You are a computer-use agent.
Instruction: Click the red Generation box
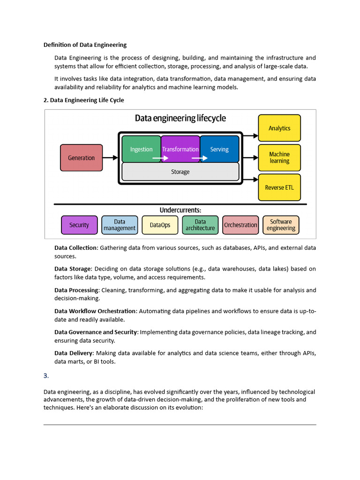(81, 157)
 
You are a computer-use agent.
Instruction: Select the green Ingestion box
(141, 149)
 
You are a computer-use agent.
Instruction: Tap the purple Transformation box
(180, 149)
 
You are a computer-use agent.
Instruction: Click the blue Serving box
(219, 149)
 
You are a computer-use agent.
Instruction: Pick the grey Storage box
(180, 172)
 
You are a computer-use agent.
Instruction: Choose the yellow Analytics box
(279, 128)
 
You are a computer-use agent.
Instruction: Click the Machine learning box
(279, 157)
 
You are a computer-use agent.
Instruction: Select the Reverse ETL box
(279, 187)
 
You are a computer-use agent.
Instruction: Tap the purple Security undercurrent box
(79, 225)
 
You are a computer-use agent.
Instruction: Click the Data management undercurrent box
(120, 225)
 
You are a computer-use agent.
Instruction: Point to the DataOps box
(160, 225)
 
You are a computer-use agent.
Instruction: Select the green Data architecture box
(200, 225)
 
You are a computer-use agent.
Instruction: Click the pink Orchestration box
(240, 225)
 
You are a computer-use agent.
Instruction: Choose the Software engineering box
(281, 225)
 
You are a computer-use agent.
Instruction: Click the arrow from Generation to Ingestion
(110, 158)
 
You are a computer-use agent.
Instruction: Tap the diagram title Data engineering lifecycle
(180, 118)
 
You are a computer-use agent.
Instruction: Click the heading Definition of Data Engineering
(85, 45)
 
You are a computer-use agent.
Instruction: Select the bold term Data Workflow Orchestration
(95, 311)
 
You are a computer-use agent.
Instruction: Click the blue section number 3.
(46, 376)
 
